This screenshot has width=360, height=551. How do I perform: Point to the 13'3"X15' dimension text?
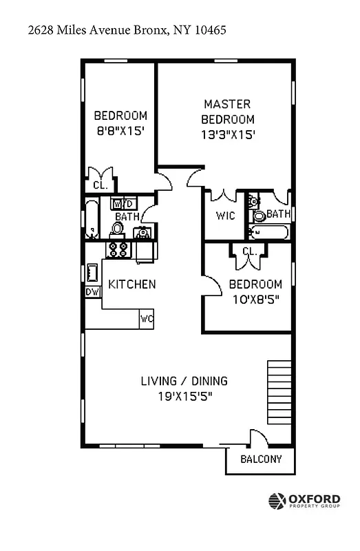point(227,135)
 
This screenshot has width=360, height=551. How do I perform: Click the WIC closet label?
point(225,216)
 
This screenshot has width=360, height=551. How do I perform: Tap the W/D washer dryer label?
point(123,204)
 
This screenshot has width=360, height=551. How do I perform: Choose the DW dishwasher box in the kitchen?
point(92,292)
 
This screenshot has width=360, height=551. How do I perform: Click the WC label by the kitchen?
point(147,319)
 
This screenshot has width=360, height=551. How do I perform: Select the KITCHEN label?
point(132,284)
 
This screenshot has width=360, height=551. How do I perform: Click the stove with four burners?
point(118,249)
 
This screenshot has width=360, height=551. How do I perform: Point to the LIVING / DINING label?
point(184,381)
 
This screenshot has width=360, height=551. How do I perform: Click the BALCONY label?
point(260,459)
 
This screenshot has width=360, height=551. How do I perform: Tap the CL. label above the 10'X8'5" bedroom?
point(249,252)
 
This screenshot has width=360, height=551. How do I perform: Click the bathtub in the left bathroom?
point(92,218)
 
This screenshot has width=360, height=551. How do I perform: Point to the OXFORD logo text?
point(314,499)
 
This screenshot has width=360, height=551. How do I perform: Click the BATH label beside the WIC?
point(278,214)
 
